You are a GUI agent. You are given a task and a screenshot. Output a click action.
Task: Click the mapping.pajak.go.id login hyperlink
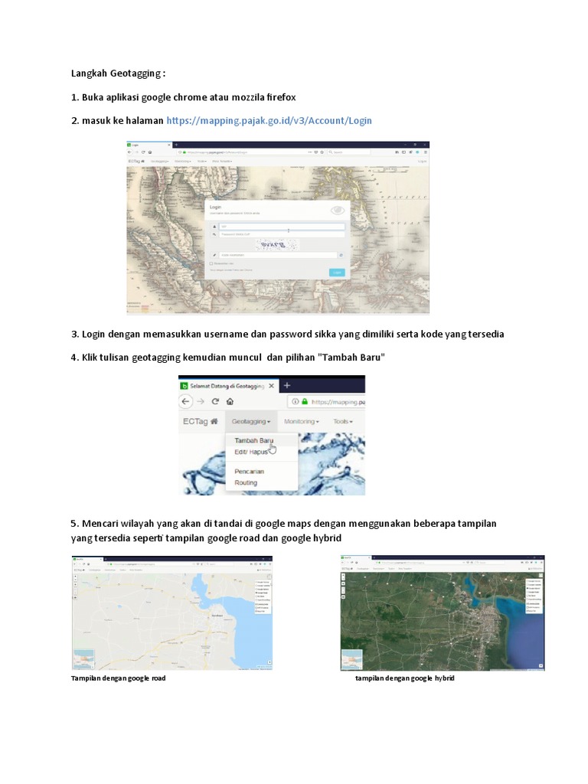(269, 121)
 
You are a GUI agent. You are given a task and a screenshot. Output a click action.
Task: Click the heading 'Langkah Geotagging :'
(118, 73)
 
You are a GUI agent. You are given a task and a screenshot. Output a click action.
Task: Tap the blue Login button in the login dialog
(337, 272)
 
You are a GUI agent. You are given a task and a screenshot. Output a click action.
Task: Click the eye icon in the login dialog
(337, 211)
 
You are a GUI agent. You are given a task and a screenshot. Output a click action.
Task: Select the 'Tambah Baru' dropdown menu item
(253, 441)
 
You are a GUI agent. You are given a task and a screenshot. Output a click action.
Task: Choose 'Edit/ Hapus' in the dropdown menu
(250, 452)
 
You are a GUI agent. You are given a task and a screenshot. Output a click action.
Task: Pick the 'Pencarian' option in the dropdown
(249, 472)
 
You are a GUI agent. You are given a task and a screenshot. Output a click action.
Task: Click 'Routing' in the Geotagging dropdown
(246, 483)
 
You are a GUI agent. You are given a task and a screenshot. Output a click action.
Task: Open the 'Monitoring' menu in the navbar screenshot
(301, 421)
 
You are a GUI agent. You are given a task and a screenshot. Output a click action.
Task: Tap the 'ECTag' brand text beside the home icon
(195, 421)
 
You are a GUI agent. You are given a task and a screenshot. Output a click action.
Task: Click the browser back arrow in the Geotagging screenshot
(187, 401)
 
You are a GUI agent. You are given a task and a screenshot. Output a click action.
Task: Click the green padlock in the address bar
(304, 401)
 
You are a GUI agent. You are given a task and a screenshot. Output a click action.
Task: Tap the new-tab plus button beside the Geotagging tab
(287, 385)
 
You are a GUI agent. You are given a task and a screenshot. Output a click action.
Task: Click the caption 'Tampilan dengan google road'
(118, 678)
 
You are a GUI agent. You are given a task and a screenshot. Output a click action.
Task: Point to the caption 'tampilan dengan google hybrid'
(404, 678)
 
